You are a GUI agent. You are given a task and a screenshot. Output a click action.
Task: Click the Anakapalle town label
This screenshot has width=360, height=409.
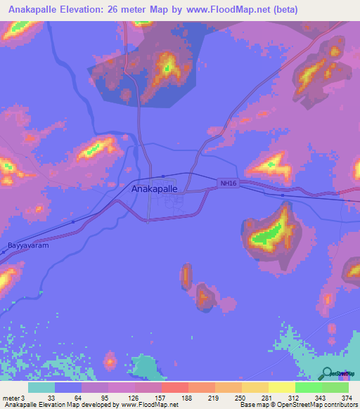(154, 189)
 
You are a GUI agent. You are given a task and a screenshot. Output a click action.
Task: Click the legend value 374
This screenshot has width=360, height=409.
(347, 397)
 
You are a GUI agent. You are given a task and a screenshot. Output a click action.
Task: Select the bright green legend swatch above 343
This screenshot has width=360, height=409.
(309, 387)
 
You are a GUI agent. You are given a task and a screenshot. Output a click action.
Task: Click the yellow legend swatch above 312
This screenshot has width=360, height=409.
(282, 387)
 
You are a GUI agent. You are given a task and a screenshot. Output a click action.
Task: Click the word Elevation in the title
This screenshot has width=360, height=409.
(87, 10)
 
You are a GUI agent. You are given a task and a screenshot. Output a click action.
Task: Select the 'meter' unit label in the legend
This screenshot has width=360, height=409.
(11, 397)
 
